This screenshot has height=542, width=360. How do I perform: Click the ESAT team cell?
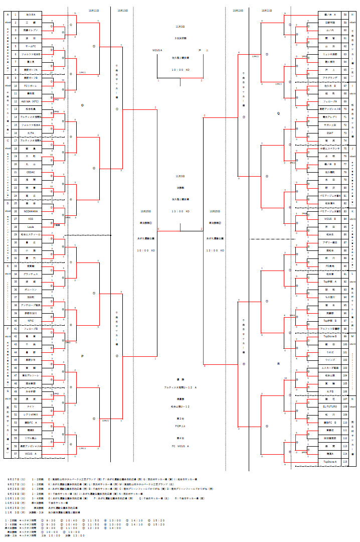point(330,133)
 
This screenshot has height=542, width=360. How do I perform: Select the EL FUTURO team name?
point(330,406)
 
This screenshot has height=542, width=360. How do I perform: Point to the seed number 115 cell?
point(345,461)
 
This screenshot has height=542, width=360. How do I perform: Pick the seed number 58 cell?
point(345,15)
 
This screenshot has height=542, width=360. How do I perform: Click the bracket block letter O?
point(82,105)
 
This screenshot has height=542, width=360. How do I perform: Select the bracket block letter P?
point(82,356)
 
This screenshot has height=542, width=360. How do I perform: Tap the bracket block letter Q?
point(278,113)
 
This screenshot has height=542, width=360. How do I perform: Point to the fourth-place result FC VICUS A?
point(180,446)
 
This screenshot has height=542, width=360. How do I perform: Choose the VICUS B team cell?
point(330,219)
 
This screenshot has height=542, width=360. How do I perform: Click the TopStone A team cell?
point(330,461)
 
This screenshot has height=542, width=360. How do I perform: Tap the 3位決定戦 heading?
point(180,38)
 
